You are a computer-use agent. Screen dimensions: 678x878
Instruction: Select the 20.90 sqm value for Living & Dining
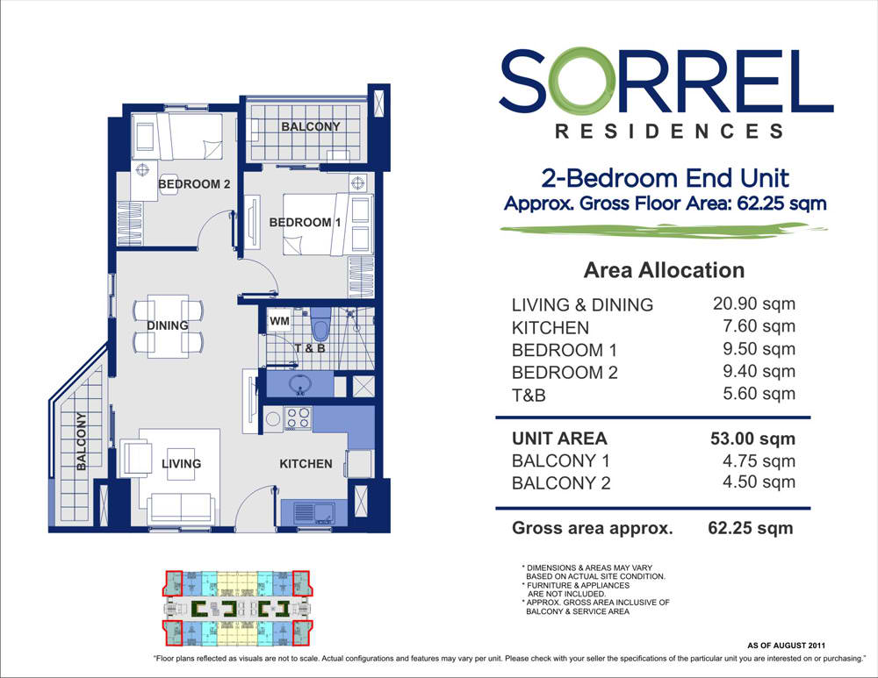(x=754, y=304)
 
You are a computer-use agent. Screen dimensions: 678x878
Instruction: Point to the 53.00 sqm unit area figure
(x=752, y=439)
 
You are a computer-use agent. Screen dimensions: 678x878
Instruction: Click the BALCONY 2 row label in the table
(x=560, y=483)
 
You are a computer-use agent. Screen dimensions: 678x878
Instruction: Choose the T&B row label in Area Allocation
(x=529, y=396)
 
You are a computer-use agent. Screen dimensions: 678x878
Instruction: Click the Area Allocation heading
(x=664, y=270)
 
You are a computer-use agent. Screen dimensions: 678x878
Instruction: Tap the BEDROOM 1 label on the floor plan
(x=306, y=223)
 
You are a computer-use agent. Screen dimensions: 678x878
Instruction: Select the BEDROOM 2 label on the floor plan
(x=194, y=185)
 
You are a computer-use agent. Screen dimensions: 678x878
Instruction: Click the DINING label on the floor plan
(x=168, y=325)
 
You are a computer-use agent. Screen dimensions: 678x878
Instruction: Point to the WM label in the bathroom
(x=279, y=322)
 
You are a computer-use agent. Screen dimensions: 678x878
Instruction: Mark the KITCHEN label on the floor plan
(x=306, y=463)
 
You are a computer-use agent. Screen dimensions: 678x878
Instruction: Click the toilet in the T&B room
(x=321, y=326)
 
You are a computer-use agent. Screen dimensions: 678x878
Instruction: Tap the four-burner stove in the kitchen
(x=299, y=418)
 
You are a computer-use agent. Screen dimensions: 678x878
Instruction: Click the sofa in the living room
(x=181, y=508)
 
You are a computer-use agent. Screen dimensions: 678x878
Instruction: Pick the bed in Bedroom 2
(x=188, y=136)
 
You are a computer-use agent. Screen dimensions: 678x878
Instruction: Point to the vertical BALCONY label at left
(x=81, y=440)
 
